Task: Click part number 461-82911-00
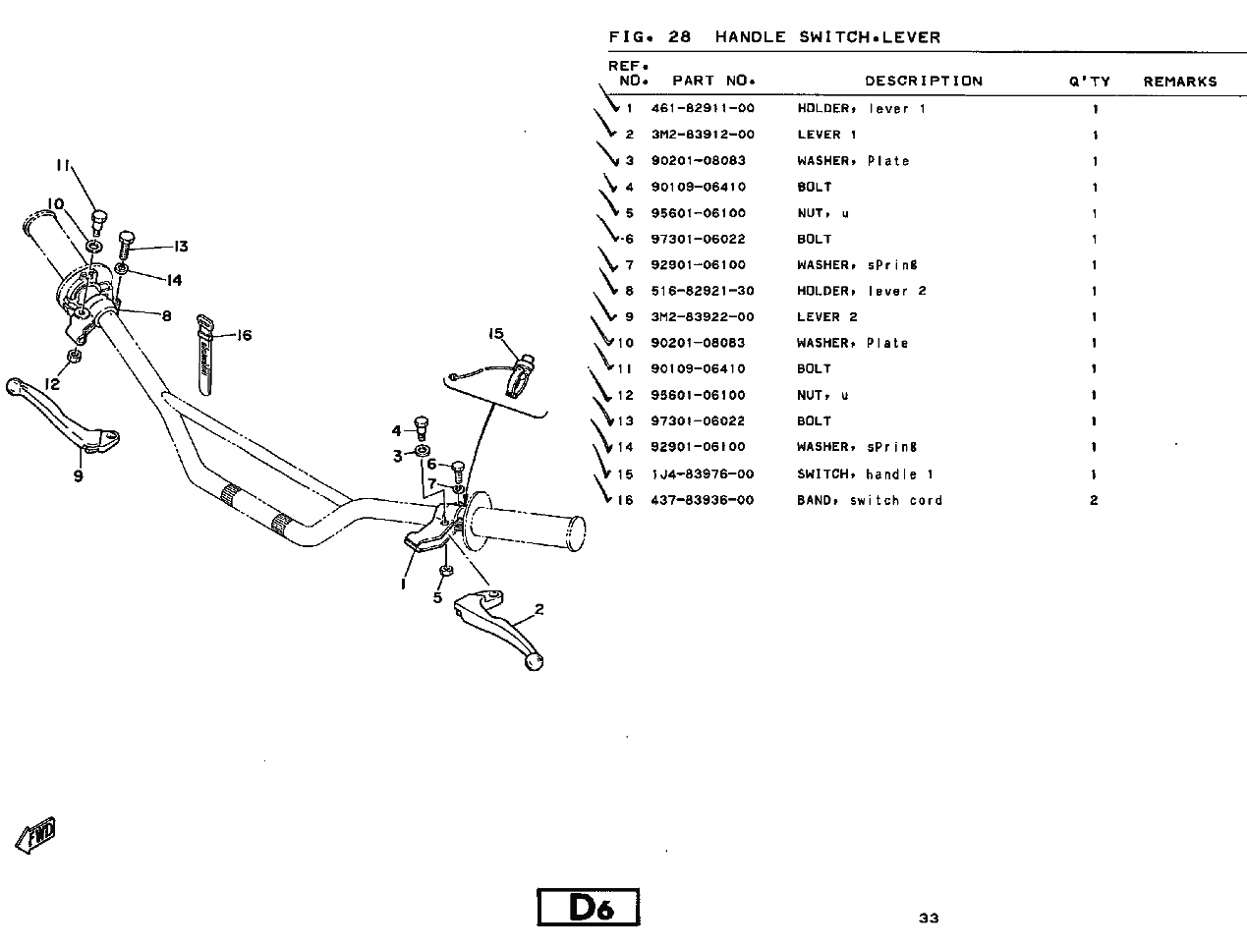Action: click(x=703, y=109)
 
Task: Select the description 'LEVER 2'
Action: click(x=826, y=317)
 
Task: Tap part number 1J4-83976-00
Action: click(x=703, y=474)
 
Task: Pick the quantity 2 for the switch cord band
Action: click(x=1094, y=501)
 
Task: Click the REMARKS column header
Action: click(x=1179, y=82)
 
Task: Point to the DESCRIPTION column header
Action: click(x=923, y=82)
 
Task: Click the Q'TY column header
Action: click(x=1089, y=82)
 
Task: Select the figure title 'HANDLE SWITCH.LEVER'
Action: click(x=827, y=38)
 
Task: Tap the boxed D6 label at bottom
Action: click(x=589, y=907)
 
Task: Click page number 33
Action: click(x=929, y=919)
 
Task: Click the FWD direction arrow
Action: click(x=36, y=835)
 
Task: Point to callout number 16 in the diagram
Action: click(x=244, y=336)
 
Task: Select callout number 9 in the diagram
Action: click(x=78, y=476)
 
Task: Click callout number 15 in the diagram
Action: click(x=496, y=334)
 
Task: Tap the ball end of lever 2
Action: click(x=535, y=662)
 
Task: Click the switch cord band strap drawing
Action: click(x=205, y=354)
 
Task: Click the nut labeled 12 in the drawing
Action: click(x=75, y=355)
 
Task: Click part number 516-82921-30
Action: click(x=703, y=292)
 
